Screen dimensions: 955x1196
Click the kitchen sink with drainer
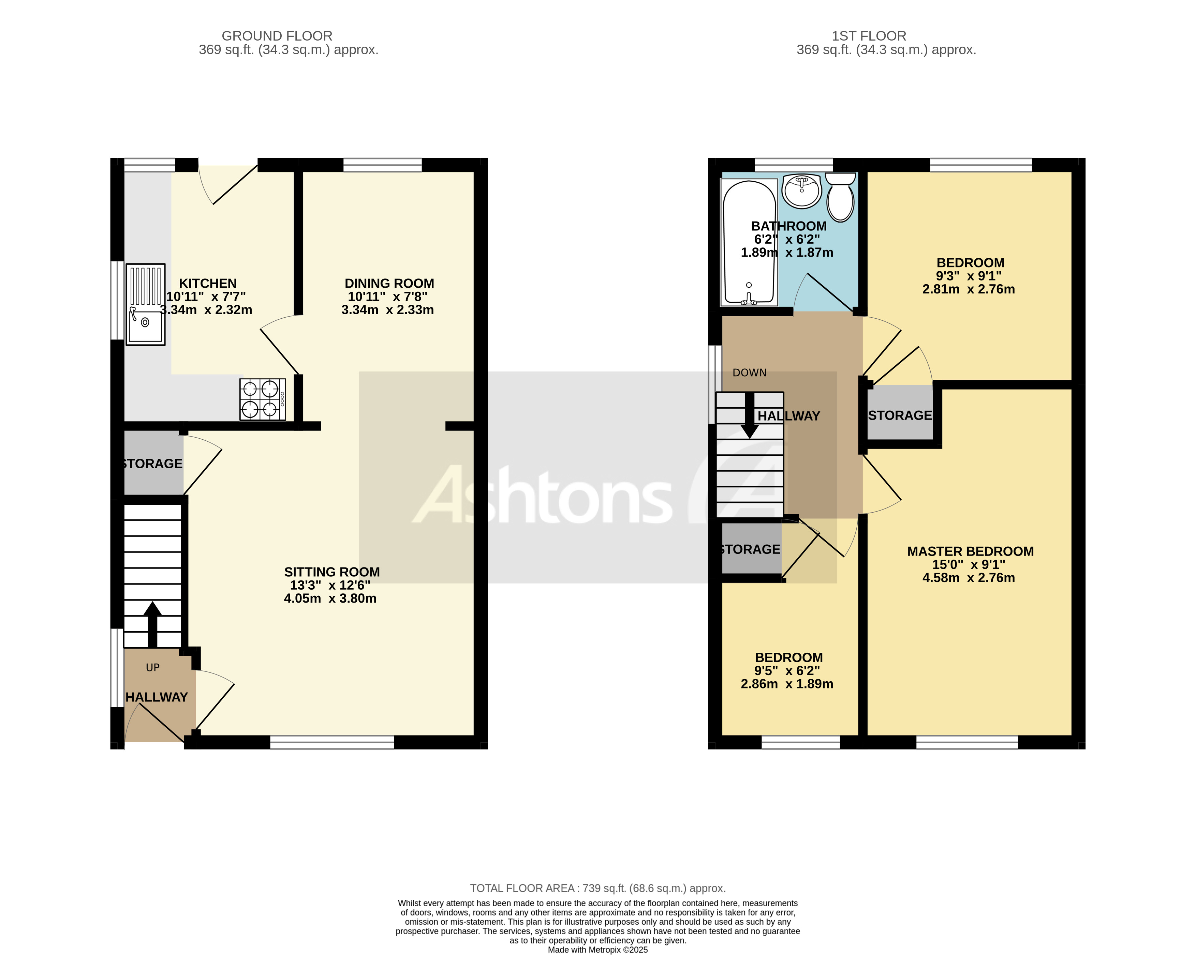(x=145, y=304)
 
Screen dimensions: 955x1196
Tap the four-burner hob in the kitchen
(x=262, y=399)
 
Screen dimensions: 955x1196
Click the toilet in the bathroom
(x=840, y=198)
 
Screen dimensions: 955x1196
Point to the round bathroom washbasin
(x=801, y=191)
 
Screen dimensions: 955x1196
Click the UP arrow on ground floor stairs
(x=152, y=624)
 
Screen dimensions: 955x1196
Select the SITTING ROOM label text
(x=332, y=572)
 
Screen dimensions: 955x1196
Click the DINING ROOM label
(x=389, y=283)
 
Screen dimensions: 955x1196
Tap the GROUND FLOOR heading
(x=277, y=36)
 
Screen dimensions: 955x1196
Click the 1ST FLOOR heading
(x=868, y=36)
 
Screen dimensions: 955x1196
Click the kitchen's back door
(x=228, y=183)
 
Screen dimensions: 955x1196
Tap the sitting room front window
(x=332, y=742)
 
